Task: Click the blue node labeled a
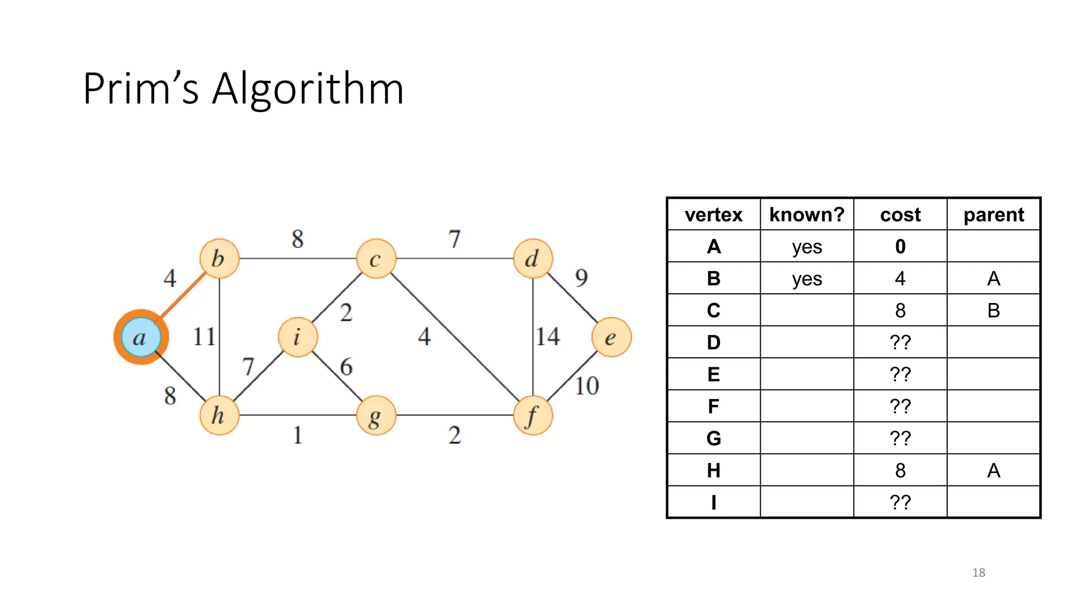[141, 337]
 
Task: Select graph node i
[298, 337]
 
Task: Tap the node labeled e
[611, 337]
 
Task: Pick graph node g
[376, 416]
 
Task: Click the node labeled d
[532, 258]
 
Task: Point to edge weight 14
[548, 336]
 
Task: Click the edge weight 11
[204, 336]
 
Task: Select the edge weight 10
[587, 386]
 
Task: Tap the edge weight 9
[581, 278]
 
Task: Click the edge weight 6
[346, 367]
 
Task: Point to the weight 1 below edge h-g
[297, 435]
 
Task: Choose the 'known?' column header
[807, 215]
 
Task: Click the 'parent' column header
[994, 215]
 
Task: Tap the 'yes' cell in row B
[807, 279]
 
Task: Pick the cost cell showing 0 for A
[900, 246]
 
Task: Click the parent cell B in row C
[994, 310]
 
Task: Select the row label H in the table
[713, 470]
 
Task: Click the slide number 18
[978, 572]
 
